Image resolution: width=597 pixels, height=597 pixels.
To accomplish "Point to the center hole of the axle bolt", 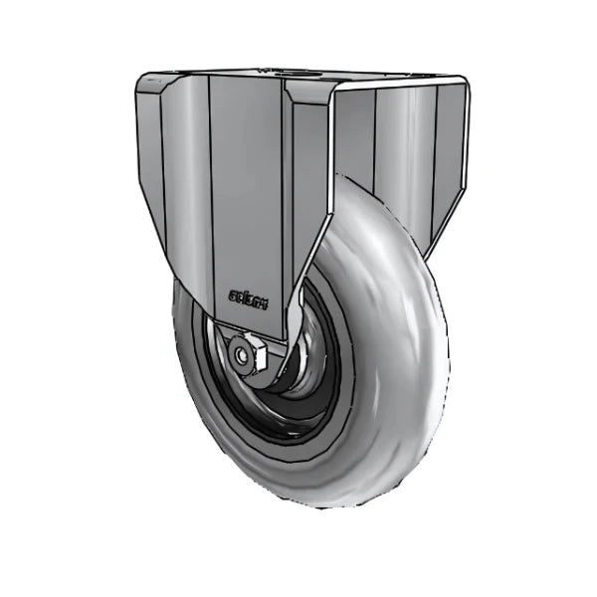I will [x=241, y=353].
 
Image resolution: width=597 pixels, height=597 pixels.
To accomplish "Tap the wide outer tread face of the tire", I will [x=398, y=328].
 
